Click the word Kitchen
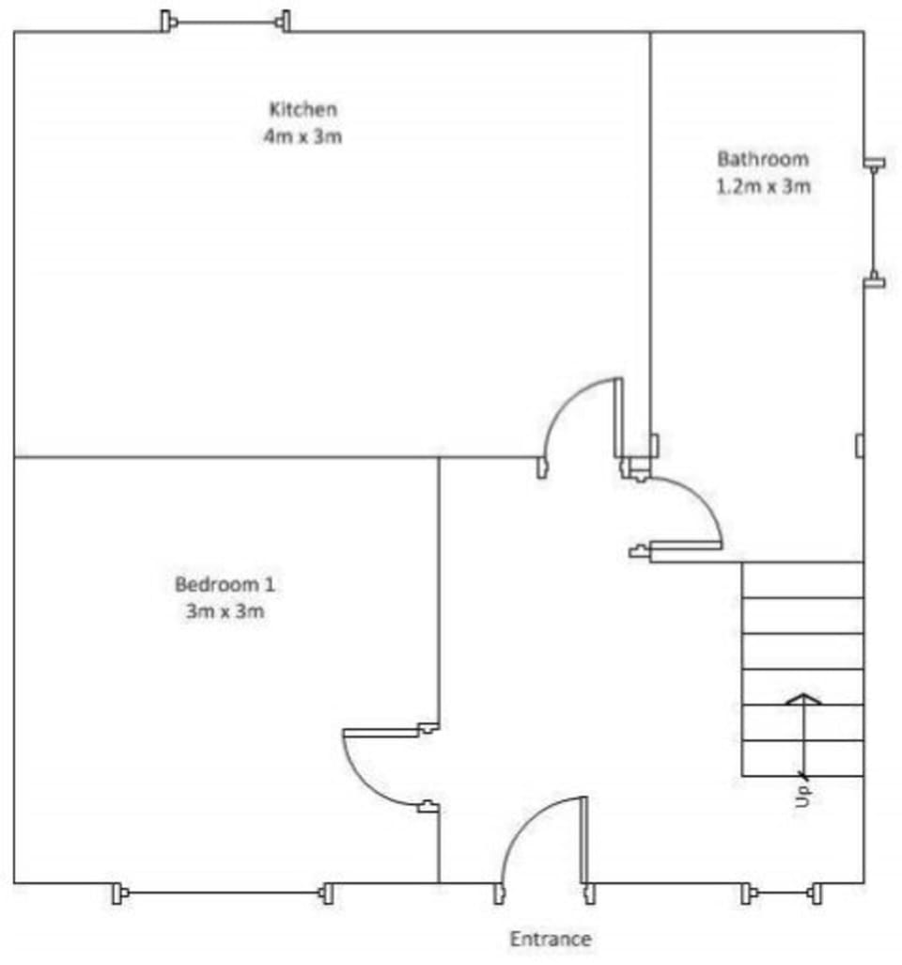303,109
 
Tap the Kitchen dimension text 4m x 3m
303,136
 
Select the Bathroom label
763,159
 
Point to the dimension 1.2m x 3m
763,186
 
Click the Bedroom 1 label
225,584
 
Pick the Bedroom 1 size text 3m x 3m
225,611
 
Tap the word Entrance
551,940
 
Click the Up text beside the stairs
803,796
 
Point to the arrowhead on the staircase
803,699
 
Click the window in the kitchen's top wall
225,23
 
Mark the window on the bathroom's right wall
874,223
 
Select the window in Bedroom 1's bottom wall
224,893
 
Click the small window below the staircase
781,893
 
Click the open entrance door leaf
584,841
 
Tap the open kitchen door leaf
618,418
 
